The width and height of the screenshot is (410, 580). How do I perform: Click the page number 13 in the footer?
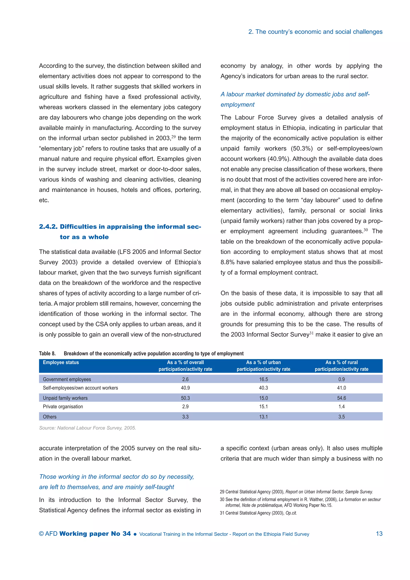(379, 534)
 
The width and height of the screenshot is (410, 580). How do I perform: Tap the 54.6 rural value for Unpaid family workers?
(341, 398)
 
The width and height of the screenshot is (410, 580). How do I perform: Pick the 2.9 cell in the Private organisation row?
(185, 406)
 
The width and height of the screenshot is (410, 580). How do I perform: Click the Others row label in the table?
(50, 417)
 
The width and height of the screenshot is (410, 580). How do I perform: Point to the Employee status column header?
(61, 362)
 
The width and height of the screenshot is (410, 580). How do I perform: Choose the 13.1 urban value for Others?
(263, 417)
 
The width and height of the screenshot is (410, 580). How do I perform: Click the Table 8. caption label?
(47, 353)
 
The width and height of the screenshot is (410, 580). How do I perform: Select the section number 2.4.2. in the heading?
(48, 227)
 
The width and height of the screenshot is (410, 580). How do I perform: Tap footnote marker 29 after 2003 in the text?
(173, 137)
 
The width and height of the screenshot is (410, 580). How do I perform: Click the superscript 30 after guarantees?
(366, 230)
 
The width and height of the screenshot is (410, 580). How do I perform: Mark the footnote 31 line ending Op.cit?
(258, 513)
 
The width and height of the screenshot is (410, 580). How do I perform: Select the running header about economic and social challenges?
(315, 32)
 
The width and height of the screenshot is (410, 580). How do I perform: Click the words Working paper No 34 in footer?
(95, 534)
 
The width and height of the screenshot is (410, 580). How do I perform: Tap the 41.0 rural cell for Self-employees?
(341, 388)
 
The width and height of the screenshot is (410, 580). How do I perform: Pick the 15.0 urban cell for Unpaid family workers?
(263, 398)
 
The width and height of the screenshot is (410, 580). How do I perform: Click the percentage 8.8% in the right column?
(227, 262)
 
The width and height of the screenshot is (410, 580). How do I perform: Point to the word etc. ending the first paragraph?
(44, 200)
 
